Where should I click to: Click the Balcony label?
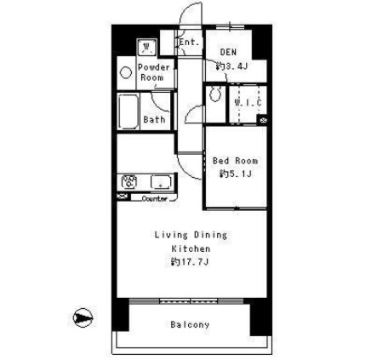pyautogui.click(x=190, y=324)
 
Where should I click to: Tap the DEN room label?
pyautogui.click(x=228, y=52)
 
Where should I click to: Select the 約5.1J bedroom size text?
pyautogui.click(x=235, y=174)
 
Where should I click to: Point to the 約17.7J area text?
pyautogui.click(x=190, y=262)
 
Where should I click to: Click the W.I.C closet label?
pyautogui.click(x=248, y=103)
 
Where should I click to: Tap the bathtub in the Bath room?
pyautogui.click(x=128, y=111)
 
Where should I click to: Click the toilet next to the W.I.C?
pyautogui.click(x=215, y=94)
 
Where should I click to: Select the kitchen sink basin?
pyautogui.click(x=161, y=182)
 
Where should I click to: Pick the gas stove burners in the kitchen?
pyautogui.click(x=129, y=182)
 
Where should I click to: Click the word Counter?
pyautogui.click(x=155, y=198)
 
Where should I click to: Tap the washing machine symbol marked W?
pyautogui.click(x=146, y=47)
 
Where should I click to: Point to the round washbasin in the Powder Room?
pyautogui.click(x=126, y=72)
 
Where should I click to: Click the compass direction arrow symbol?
pyautogui.click(x=83, y=317)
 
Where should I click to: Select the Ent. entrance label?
pyautogui.click(x=189, y=43)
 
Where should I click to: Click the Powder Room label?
pyautogui.click(x=153, y=72)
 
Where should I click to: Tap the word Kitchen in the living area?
pyautogui.click(x=191, y=249)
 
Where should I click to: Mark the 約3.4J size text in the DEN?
pyautogui.click(x=231, y=66)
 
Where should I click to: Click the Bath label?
pyautogui.click(x=154, y=119)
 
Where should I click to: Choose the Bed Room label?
pyautogui.click(x=235, y=161)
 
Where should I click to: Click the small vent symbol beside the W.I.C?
pyautogui.click(x=263, y=120)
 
